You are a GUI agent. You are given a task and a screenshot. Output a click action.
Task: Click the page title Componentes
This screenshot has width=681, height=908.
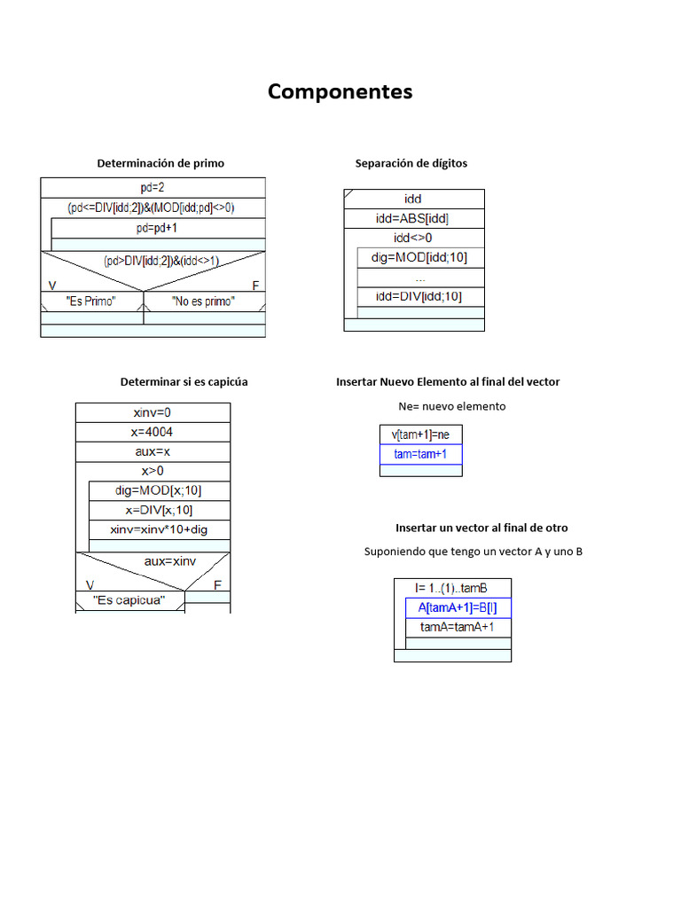pyautogui.click(x=340, y=91)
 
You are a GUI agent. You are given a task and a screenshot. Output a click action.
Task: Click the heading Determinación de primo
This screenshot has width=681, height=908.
pyautogui.click(x=160, y=163)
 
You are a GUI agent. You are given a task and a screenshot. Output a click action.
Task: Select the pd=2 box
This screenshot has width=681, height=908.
pyautogui.click(x=153, y=187)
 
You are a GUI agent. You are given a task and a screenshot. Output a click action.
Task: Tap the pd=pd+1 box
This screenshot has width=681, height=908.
pyautogui.click(x=158, y=228)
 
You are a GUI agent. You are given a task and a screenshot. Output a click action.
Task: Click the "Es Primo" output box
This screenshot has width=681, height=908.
pyautogui.click(x=91, y=301)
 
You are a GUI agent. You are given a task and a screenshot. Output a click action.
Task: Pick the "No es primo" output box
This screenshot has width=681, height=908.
pyautogui.click(x=203, y=301)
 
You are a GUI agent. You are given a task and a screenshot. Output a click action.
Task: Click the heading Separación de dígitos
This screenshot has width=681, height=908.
pyautogui.click(x=411, y=163)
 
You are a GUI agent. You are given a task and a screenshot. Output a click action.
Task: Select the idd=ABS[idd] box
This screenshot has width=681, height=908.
pyautogui.click(x=413, y=219)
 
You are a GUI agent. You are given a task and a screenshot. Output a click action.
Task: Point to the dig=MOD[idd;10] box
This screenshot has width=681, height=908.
pyautogui.click(x=420, y=257)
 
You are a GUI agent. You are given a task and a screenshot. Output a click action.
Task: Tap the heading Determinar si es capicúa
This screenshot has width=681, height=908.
pyautogui.click(x=184, y=382)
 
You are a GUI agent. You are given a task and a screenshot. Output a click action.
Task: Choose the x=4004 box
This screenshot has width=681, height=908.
pyautogui.click(x=152, y=432)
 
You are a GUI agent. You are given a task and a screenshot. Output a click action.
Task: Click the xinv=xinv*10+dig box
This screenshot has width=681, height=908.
pyautogui.click(x=159, y=529)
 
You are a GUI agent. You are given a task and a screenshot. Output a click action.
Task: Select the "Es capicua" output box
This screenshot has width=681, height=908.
pyautogui.click(x=129, y=601)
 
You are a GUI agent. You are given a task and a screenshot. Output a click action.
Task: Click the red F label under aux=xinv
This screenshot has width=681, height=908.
pyautogui.click(x=217, y=585)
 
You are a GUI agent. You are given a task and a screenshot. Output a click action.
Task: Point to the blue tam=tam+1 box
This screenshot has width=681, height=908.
pyautogui.click(x=420, y=454)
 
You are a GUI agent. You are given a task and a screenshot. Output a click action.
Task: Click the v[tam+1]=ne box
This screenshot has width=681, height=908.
pyautogui.click(x=420, y=434)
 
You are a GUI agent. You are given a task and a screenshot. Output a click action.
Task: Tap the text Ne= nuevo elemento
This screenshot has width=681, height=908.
pyautogui.click(x=452, y=406)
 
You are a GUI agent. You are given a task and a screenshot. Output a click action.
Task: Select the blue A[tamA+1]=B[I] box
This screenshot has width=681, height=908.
pyautogui.click(x=458, y=608)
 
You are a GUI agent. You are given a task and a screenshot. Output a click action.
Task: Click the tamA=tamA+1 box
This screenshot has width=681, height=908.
pyautogui.click(x=458, y=627)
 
